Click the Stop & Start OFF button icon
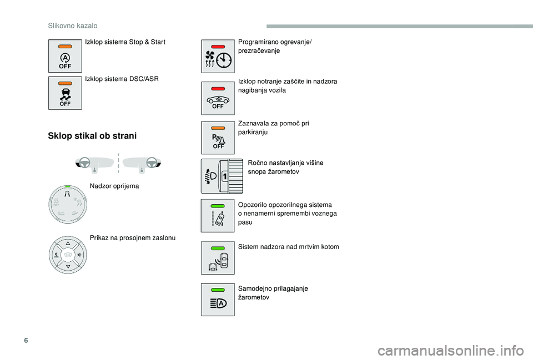[x=65, y=55]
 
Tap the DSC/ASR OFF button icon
[x=65, y=93]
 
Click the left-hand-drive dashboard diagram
[x=94, y=163]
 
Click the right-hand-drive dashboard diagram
[x=142, y=163]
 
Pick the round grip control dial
[x=67, y=204]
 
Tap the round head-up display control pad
[x=67, y=254]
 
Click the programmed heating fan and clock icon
[x=218, y=56]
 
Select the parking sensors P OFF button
[x=218, y=138]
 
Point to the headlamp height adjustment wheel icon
[x=222, y=175]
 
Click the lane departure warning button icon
[x=218, y=215]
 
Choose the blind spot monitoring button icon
[x=218, y=258]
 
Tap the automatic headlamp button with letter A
[x=218, y=300]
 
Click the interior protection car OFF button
[x=218, y=98]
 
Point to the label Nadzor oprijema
[x=114, y=186]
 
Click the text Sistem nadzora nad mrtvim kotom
[x=288, y=247]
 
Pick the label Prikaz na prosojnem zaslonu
[x=133, y=238]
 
